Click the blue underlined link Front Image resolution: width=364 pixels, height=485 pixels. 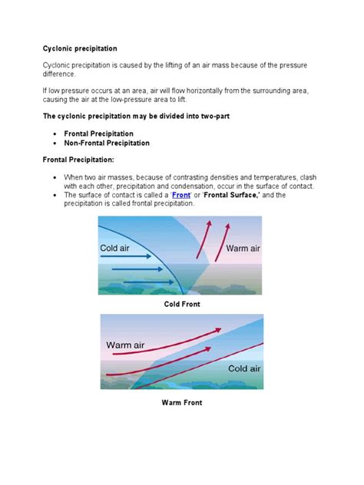180,196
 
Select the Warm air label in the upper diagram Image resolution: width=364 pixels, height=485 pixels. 243,249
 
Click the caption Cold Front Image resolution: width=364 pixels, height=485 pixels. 181,305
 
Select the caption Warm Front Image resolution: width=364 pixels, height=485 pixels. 181,402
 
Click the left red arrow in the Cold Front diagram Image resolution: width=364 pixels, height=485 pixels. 206,244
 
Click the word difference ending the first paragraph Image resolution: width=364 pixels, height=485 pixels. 59,74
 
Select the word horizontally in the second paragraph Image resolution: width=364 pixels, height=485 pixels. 185,91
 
